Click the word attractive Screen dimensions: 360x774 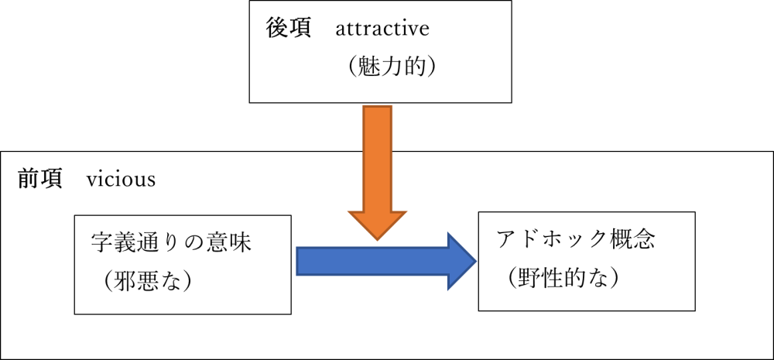point(382,29)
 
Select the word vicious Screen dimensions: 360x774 point(121,180)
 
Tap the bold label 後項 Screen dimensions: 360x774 point(288,29)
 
